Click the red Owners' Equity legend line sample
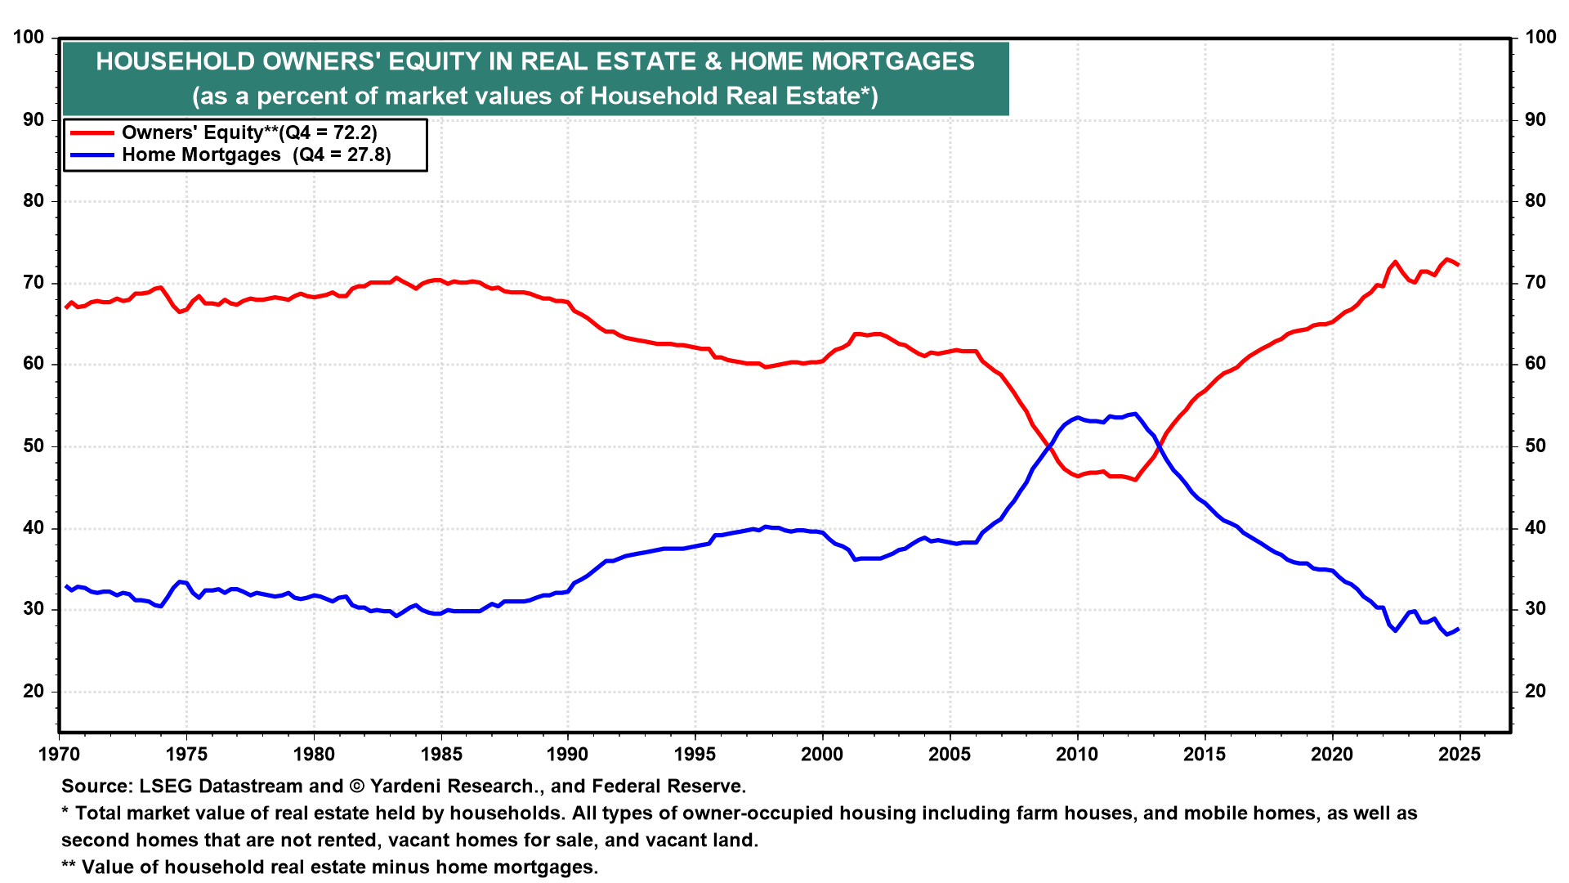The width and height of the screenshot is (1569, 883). (92, 132)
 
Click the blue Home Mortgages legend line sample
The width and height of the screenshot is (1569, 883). (92, 155)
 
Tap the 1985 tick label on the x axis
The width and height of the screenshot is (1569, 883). (440, 755)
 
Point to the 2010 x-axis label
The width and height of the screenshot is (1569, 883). (1077, 755)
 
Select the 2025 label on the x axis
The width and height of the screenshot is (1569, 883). (1459, 755)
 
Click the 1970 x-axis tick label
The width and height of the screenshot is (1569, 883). (59, 755)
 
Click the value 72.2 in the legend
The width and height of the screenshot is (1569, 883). (352, 132)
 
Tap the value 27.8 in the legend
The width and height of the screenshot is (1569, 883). (367, 155)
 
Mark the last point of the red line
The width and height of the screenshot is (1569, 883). (1459, 265)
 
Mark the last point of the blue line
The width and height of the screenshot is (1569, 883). (1459, 629)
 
